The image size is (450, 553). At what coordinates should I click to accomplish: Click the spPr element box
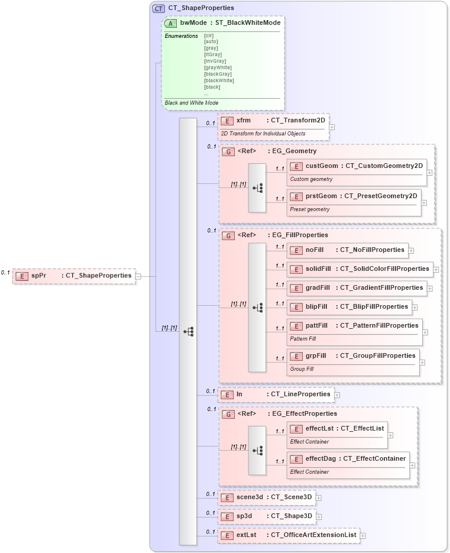(x=74, y=276)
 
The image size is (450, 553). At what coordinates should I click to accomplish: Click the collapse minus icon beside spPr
(x=138, y=276)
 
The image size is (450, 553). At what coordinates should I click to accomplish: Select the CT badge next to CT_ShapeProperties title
(x=158, y=8)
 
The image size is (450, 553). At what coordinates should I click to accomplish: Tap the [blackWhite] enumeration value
(x=219, y=80)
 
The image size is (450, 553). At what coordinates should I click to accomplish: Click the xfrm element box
(x=273, y=121)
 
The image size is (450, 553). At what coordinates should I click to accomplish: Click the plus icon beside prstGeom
(x=425, y=202)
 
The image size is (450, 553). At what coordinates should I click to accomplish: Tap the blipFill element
(x=349, y=307)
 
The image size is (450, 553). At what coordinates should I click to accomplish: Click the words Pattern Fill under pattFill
(x=303, y=339)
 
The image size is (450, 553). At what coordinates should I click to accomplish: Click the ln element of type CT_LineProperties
(x=276, y=394)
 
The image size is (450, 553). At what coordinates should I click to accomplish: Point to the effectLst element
(x=337, y=428)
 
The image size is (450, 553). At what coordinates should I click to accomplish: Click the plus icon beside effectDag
(x=413, y=465)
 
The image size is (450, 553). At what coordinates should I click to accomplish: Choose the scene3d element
(x=266, y=497)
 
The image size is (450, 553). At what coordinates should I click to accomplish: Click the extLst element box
(x=289, y=535)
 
